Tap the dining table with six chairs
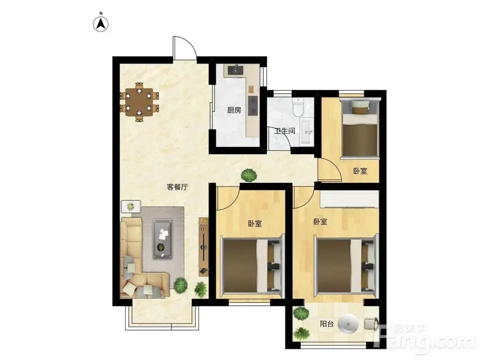tap(139, 102)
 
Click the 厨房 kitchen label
tap(234, 110)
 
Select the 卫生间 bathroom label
tap(285, 131)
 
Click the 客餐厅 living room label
tap(178, 187)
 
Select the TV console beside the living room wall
tap(203, 246)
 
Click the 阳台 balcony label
tap(327, 323)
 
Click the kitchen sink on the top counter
tap(236, 70)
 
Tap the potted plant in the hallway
tap(248, 175)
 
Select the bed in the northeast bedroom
tap(360, 129)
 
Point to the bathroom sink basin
tap(307, 132)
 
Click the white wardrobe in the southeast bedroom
tap(350, 199)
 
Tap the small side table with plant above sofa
tap(131, 206)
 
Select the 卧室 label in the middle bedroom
tap(255, 224)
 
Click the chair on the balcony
tap(372, 324)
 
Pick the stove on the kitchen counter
tap(253, 105)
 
